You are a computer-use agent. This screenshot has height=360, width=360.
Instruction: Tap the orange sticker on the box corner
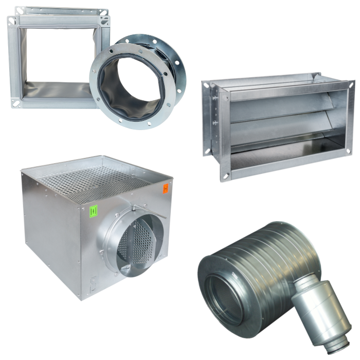(x=166, y=189)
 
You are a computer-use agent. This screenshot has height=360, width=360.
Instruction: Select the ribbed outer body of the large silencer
(x=267, y=257)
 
